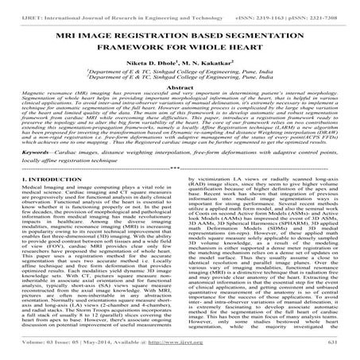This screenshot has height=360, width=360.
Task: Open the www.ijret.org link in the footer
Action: click(x=180, y=355)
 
